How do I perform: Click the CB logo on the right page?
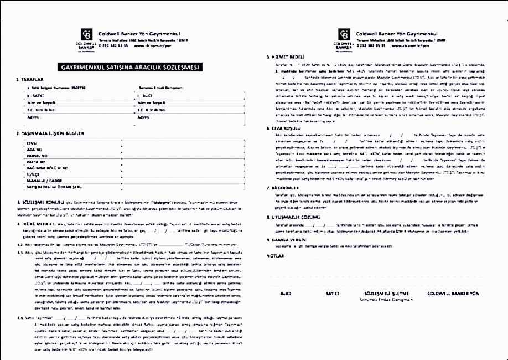coord(344,34)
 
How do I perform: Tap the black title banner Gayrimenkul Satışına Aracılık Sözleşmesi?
coord(132,67)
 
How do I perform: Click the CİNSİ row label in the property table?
coord(32,143)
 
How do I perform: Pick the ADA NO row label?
coord(34,150)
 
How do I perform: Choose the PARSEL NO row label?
coord(37,156)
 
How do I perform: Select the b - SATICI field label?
coord(35,96)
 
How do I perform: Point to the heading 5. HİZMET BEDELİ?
coord(287,57)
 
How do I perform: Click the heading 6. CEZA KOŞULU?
coord(286,127)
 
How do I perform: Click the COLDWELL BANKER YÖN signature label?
coord(452,293)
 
